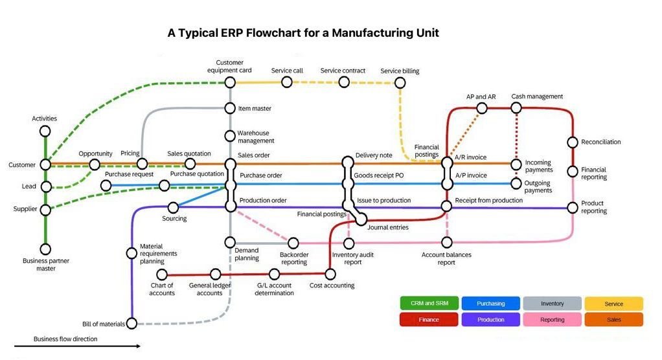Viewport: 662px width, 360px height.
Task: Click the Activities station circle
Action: coord(45,131)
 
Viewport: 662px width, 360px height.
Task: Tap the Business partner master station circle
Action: coord(45,249)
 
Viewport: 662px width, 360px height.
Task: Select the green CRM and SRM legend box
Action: coord(429,304)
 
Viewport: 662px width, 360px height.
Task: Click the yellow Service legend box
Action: coord(613,304)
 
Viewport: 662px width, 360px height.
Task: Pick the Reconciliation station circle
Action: coord(573,142)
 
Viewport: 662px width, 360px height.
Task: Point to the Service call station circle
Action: coord(286,82)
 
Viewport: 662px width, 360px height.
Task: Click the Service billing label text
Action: coord(400,71)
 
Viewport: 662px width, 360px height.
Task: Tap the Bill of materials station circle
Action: coord(132,323)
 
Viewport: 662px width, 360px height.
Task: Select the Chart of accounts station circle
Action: coord(162,275)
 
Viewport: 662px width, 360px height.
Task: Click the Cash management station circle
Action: coord(516,108)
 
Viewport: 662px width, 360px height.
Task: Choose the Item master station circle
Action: coord(230,108)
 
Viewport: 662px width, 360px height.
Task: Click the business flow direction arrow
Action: coord(87,346)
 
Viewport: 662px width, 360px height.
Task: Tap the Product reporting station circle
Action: coord(573,208)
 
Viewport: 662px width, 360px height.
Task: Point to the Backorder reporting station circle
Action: coord(293,243)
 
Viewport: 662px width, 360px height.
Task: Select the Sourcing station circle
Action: coord(173,208)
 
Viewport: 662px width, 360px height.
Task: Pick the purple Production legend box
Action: coord(490,319)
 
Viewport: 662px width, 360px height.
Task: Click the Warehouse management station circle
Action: coord(230,135)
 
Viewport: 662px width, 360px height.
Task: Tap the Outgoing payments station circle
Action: coord(516,184)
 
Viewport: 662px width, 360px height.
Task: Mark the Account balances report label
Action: coord(446,258)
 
